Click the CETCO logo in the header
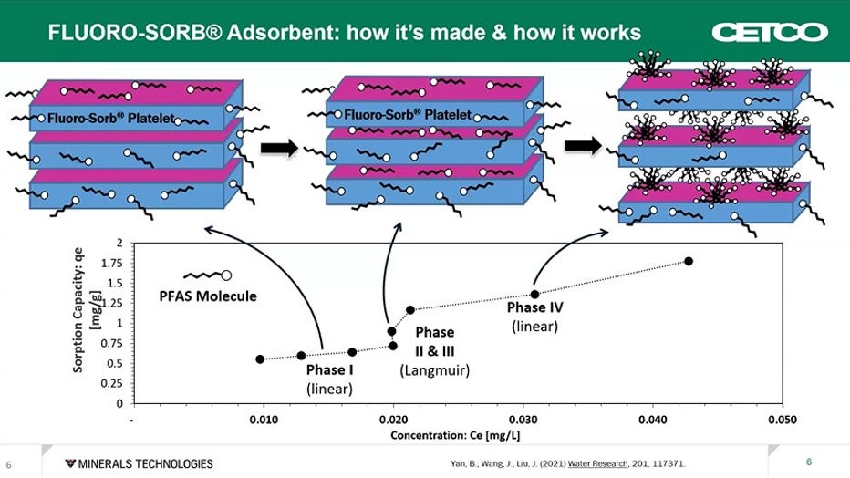(x=782, y=32)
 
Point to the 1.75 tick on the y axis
(x=115, y=263)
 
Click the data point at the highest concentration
(x=689, y=262)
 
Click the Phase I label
(x=329, y=370)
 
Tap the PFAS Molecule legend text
(x=208, y=296)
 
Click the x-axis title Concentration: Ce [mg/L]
(x=456, y=435)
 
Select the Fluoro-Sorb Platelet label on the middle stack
(x=408, y=116)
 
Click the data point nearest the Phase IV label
(x=534, y=294)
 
